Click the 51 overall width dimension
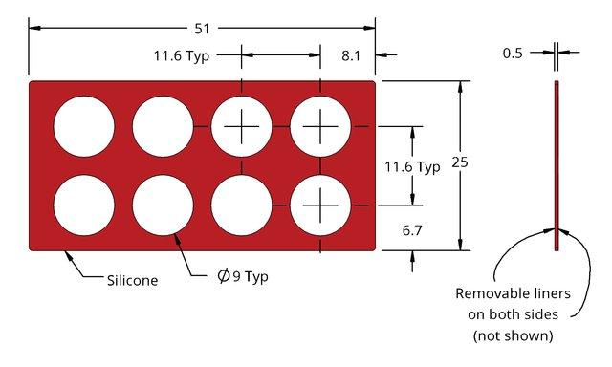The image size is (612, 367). (x=202, y=29)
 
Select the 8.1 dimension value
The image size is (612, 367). (x=351, y=55)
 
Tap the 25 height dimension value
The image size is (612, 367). (x=460, y=162)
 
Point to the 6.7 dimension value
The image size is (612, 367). (x=412, y=230)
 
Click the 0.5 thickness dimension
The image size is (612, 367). (x=513, y=53)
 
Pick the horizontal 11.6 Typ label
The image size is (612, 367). (x=182, y=56)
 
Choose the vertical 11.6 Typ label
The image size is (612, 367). (x=412, y=167)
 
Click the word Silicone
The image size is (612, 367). (x=133, y=280)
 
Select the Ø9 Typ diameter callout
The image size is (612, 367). (x=243, y=276)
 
